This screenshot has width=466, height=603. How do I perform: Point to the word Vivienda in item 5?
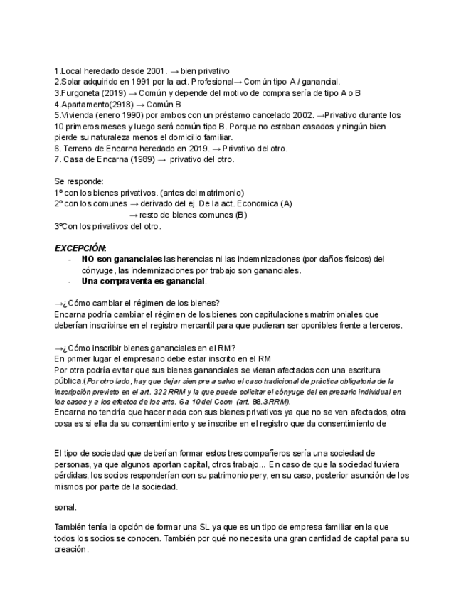click(77, 114)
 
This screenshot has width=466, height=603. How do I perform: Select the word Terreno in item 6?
click(79, 148)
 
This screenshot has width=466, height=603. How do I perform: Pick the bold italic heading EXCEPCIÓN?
click(80, 247)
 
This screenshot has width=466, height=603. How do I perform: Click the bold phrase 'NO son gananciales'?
click(122, 259)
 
